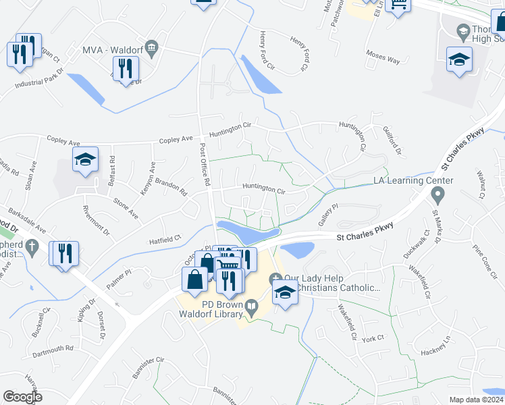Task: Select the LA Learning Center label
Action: [414, 181]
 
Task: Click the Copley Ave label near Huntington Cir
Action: [176, 139]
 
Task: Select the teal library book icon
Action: [252, 308]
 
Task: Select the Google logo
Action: [23, 397]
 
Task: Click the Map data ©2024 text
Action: [477, 400]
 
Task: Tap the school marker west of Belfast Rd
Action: [85, 161]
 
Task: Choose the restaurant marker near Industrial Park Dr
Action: [125, 69]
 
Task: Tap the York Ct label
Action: [372, 337]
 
